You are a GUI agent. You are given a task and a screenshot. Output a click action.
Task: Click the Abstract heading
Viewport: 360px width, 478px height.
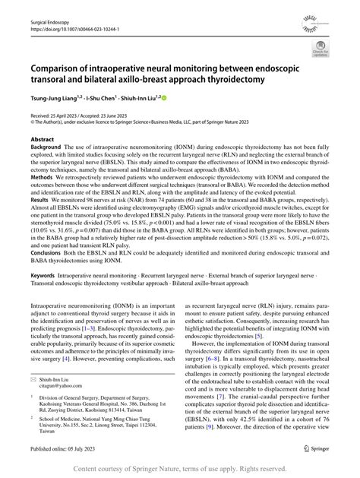[x=42, y=141]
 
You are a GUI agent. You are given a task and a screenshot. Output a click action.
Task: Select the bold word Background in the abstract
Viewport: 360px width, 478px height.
[x=47, y=150]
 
